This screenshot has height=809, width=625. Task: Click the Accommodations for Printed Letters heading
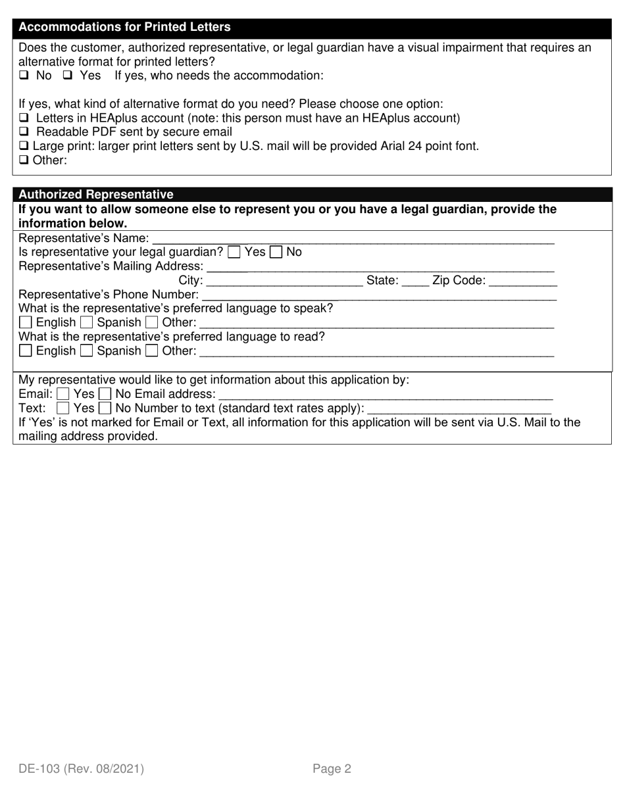pyautogui.click(x=125, y=27)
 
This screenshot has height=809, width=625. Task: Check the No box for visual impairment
pyautogui.click(x=24, y=76)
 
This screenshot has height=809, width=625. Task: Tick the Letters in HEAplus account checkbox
pyautogui.click(x=24, y=118)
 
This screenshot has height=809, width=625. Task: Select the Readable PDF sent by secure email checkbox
pyautogui.click(x=24, y=132)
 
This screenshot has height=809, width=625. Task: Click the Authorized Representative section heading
pyautogui.click(x=96, y=195)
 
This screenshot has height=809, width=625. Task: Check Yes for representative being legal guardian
pyautogui.click(x=234, y=252)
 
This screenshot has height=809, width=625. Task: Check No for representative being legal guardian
pyautogui.click(x=277, y=252)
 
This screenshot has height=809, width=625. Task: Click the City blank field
pyautogui.click(x=284, y=282)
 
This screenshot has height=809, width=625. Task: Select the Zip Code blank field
pyautogui.click(x=524, y=282)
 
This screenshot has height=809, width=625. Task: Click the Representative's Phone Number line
pyautogui.click(x=378, y=295)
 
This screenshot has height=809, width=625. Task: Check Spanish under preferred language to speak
pyautogui.click(x=87, y=323)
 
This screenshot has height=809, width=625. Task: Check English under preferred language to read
pyautogui.click(x=26, y=351)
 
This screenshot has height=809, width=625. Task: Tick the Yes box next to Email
pyautogui.click(x=63, y=395)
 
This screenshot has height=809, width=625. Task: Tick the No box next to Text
pyautogui.click(x=105, y=408)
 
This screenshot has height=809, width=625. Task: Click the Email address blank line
pyautogui.click(x=385, y=395)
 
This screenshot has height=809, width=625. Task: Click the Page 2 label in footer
pyautogui.click(x=332, y=768)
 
